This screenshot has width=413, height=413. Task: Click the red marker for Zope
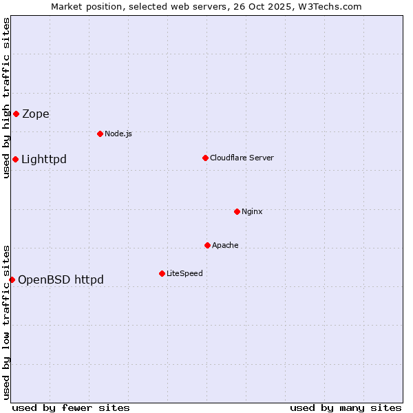click(16, 114)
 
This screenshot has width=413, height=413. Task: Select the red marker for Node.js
click(100, 134)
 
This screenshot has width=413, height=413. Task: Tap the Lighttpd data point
click(15, 160)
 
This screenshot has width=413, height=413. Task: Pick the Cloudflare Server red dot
click(205, 158)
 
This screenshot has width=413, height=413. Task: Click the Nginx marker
click(237, 211)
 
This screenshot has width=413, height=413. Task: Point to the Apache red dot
click(207, 245)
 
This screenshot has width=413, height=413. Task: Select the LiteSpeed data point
click(162, 273)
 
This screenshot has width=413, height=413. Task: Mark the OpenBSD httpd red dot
click(12, 279)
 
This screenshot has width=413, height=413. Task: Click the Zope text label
click(36, 114)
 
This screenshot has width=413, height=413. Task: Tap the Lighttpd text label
click(44, 160)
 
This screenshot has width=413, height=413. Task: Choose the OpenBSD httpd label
click(61, 279)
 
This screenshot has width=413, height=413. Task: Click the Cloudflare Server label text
click(242, 158)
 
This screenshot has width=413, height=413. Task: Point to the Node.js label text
click(118, 134)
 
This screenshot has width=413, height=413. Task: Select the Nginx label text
click(252, 211)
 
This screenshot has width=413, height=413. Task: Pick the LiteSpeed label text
click(184, 273)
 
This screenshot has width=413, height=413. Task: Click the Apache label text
click(225, 245)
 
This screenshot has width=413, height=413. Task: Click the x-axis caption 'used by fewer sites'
click(71, 407)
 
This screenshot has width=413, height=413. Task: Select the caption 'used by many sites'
click(346, 407)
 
